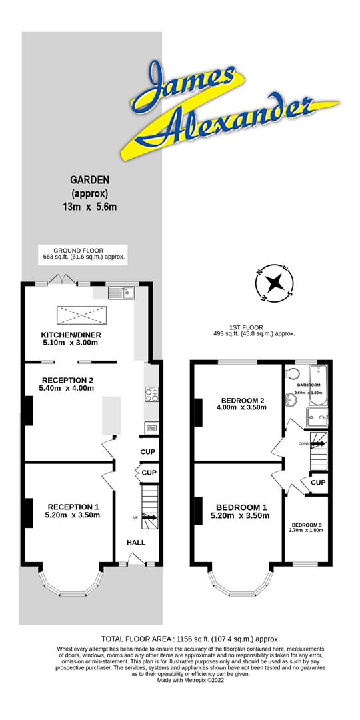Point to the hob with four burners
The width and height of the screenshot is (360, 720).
[151, 394]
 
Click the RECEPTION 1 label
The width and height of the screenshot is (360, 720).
[72, 506]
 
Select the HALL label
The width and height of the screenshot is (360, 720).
[136, 542]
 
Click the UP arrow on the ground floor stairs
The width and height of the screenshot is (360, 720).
[150, 517]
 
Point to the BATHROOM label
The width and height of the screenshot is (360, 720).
[309, 385]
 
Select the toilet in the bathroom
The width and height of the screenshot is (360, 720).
[291, 372]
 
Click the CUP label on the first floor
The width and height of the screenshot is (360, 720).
[318, 483]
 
